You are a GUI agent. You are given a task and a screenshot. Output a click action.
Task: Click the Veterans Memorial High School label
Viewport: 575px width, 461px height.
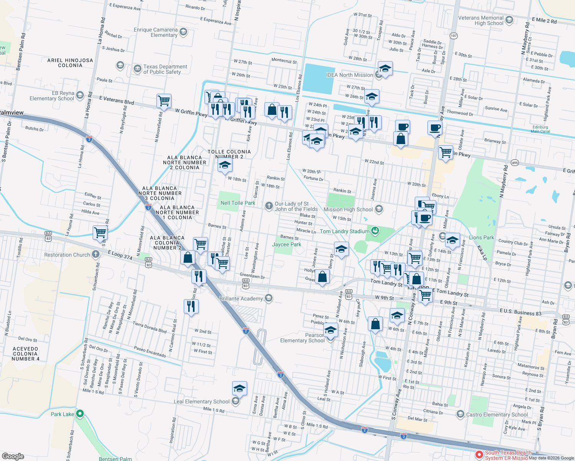coord(480,20)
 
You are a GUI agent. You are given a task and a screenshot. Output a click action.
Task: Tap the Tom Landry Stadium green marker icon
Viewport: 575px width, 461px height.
coord(375,231)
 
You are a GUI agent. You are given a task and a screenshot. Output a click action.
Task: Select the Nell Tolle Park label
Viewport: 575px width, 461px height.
coord(238,203)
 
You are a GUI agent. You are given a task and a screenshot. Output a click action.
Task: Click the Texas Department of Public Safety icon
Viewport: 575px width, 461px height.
coord(137,69)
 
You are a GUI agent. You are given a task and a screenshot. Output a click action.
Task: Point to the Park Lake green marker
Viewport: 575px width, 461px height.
coord(80,414)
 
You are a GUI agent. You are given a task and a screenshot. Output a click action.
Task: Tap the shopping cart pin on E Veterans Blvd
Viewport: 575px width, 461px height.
coord(164,101)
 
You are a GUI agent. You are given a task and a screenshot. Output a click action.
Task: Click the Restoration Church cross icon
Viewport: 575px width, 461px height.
coord(96,254)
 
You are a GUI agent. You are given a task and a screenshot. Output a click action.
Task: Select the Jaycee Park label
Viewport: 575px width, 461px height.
coord(286,244)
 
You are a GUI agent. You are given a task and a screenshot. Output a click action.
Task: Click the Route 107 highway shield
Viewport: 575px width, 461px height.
coord(454,36)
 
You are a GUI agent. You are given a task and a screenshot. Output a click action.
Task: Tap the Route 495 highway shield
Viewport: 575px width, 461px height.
coord(515,163)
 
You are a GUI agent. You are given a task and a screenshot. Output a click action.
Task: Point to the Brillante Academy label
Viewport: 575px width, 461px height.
coord(241,298)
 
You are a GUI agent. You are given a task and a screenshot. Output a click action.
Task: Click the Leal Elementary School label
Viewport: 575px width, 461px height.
coord(201,401)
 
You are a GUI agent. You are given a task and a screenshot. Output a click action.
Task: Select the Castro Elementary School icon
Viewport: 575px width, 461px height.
coord(460,414)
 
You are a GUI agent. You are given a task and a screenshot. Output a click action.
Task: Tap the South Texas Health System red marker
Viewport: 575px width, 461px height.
coord(479,455)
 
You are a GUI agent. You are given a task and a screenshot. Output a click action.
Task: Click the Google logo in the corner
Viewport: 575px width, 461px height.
coord(13,456)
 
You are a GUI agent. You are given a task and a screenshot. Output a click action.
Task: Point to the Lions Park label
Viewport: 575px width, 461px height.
coord(481,237)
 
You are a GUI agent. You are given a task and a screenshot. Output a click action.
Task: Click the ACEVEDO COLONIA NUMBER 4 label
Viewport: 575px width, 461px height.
coord(25,354)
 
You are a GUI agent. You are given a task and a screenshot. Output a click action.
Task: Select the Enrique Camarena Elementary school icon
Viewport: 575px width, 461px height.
coord(183,32)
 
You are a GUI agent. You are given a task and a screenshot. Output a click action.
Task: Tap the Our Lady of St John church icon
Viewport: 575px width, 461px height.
coord(269,206)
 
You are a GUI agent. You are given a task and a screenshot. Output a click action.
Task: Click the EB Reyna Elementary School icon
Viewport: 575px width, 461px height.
coord(80,95)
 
